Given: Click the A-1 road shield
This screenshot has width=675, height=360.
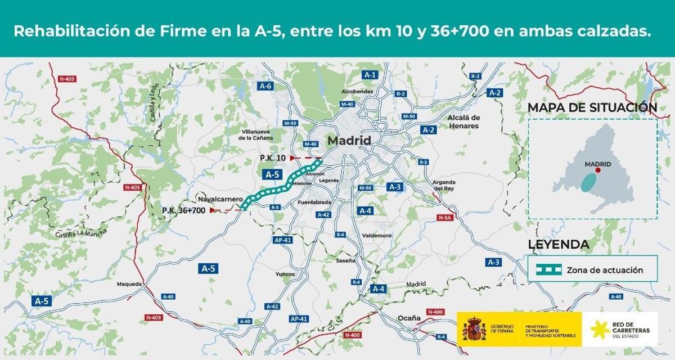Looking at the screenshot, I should point(370,74).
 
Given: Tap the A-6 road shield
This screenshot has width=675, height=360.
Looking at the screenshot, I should point(266,86).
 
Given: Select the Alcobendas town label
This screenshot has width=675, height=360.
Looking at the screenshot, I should point(357,91).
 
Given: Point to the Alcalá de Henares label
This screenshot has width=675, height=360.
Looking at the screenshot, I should point(463,121).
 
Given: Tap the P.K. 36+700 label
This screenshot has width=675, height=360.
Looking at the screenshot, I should point(183,210).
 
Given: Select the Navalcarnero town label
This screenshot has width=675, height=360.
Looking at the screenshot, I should point(220,200).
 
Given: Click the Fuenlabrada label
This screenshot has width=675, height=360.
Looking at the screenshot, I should point(314,202).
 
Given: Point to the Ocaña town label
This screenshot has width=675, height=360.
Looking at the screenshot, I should point(409,318).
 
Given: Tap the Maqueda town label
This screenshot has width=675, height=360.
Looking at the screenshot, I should point(129,284).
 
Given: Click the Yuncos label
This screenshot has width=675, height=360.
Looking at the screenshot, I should point(285,274).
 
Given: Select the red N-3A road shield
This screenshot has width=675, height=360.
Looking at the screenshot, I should point(444,218).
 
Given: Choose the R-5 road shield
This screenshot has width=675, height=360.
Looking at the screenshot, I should point(275,208).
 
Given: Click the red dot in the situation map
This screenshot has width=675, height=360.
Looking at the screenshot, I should point(598,170).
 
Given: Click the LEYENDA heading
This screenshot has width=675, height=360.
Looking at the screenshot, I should point(559,245).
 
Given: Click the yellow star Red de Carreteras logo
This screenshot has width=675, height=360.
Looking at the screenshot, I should point(598,329).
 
